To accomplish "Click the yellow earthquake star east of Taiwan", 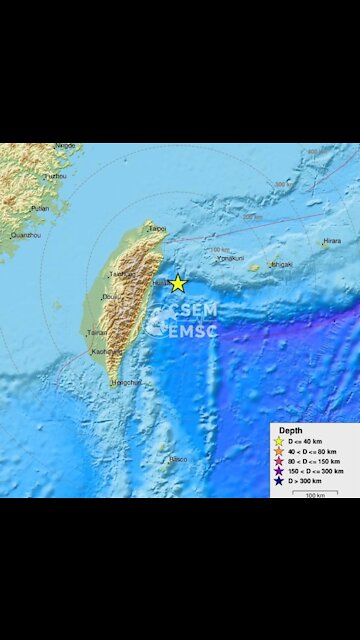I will point(178,283).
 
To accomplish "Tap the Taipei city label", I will point(157,228).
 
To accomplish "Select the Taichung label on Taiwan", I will point(121,273).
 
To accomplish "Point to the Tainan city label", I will point(97,333).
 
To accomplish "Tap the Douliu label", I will point(109,297).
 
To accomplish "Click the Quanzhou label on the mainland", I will point(26,236).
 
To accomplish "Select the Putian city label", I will point(39,208).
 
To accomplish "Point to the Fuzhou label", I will point(54,176).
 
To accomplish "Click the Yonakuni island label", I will point(231,257).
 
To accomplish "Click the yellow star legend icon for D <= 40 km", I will point(278,441).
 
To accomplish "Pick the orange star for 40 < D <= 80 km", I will point(278,451).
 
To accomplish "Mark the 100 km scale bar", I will point(316,493).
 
